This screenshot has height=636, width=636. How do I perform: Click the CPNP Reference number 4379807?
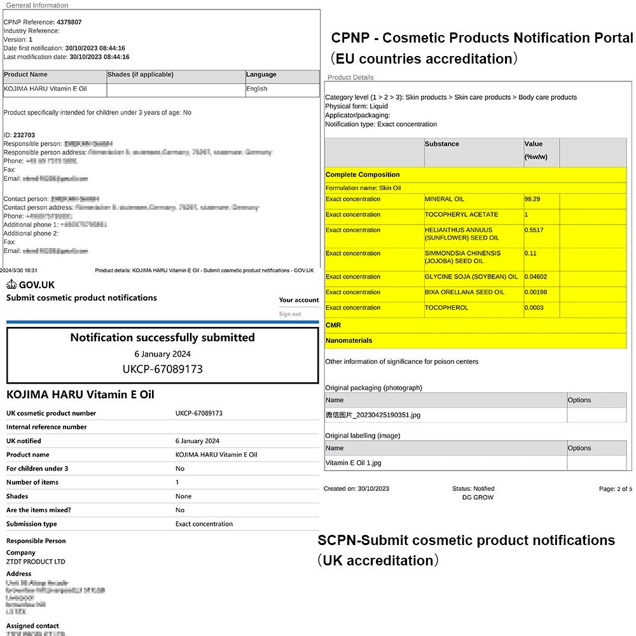pyautogui.click(x=69, y=22)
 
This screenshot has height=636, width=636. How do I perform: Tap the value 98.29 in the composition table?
pyautogui.click(x=532, y=199)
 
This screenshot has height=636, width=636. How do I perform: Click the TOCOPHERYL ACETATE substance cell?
pyautogui.click(x=461, y=215)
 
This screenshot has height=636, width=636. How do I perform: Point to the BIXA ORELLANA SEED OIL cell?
pyautogui.click(x=464, y=293)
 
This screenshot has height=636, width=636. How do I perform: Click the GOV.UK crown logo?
pyautogui.click(x=12, y=285)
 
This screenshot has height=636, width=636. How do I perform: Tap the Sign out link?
pyautogui.click(x=289, y=314)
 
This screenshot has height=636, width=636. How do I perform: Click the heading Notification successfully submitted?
pyautogui.click(x=162, y=338)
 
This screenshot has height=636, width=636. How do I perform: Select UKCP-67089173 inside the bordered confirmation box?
pyautogui.click(x=162, y=369)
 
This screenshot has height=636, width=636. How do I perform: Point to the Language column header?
pyautogui.click(x=261, y=75)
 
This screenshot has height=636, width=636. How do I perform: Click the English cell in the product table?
pyautogui.click(x=256, y=89)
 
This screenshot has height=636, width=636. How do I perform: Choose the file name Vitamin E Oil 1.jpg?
pyautogui.click(x=353, y=463)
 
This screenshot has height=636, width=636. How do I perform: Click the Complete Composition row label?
pyautogui.click(x=363, y=175)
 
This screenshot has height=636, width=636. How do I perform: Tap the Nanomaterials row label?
pyautogui.click(x=349, y=341)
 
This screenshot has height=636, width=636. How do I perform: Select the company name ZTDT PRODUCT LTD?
pyautogui.click(x=36, y=562)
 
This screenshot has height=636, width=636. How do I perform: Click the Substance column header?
pyautogui.click(x=442, y=144)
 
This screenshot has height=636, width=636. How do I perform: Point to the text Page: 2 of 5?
pyautogui.click(x=615, y=489)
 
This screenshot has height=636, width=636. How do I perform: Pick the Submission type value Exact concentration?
pyautogui.click(x=204, y=524)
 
